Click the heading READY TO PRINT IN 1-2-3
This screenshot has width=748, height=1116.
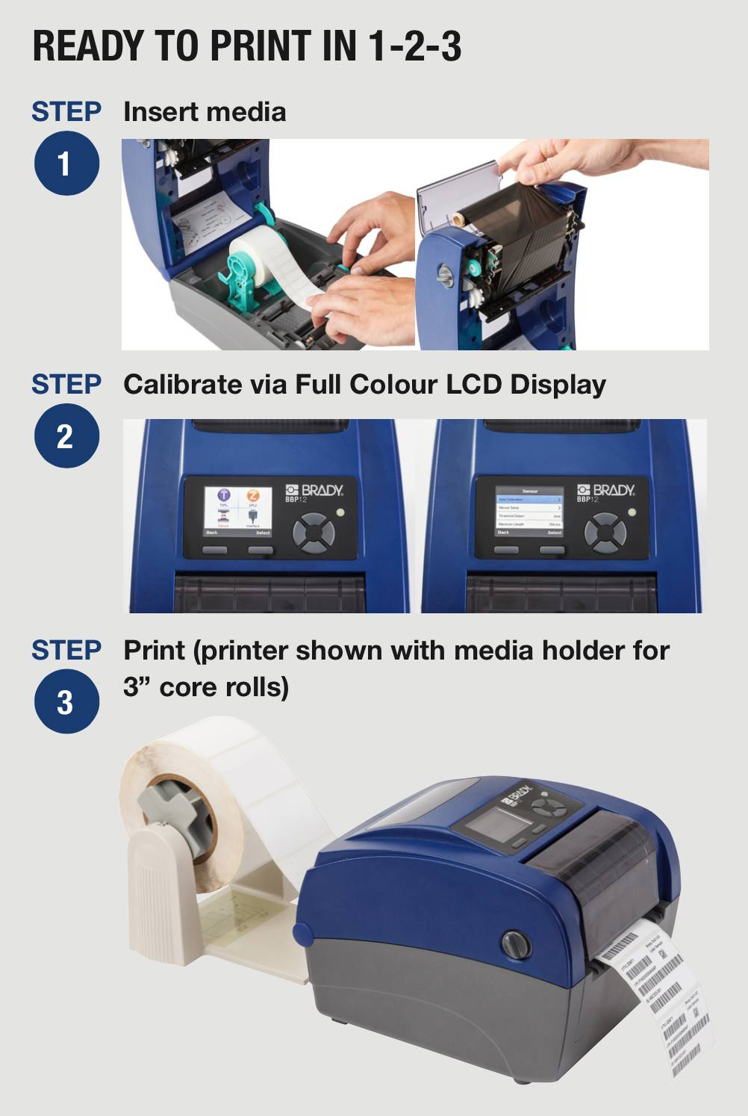(246, 46)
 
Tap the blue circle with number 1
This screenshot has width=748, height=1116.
(66, 163)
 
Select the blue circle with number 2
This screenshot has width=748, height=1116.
(66, 435)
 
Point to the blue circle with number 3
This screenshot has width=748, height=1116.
(66, 701)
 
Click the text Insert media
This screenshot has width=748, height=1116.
(205, 112)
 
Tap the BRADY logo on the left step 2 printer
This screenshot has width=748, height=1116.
(314, 491)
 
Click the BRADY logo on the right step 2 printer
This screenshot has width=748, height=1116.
(605, 491)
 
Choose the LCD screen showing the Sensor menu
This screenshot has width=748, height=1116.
(529, 511)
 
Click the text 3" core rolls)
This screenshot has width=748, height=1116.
(206, 687)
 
